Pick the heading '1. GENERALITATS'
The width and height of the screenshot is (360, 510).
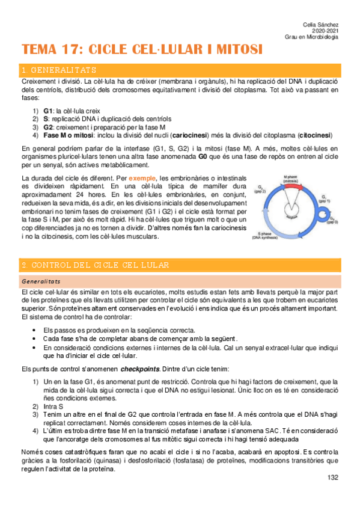tap(58, 70)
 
